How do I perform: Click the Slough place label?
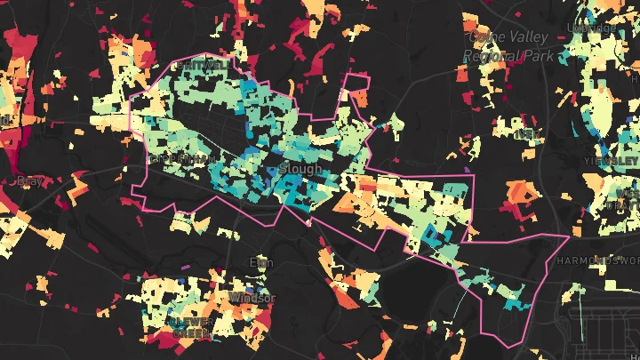(294, 167)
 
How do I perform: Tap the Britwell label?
(202, 66)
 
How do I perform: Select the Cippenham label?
(183, 159)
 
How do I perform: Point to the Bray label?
(29, 180)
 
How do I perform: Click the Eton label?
(260, 262)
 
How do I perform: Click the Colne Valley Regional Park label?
(510, 46)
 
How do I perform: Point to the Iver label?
(527, 134)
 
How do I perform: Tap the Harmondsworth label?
(596, 261)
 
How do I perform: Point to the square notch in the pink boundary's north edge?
(357, 89)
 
